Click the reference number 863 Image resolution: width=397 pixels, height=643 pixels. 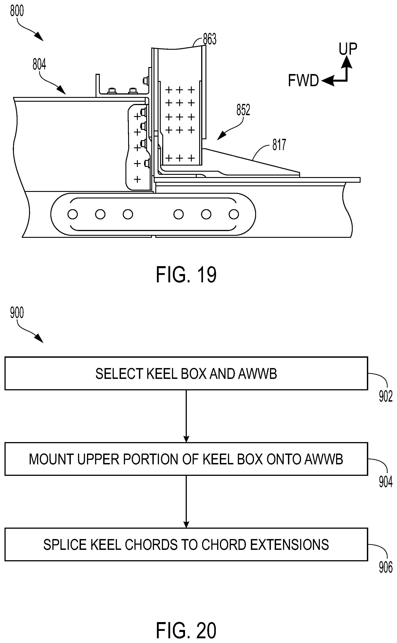pos(210,39)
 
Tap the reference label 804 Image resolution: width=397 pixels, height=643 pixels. pos(39,64)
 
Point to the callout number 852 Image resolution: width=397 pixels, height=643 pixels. pos(243,110)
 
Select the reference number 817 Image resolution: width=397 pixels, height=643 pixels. pos(279,145)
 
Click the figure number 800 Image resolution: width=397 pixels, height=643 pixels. pos(17,11)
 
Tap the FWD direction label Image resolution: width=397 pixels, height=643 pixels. pos(303,80)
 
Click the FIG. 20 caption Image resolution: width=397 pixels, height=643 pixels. pos(186,630)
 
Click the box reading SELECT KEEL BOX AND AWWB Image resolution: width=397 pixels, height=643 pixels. pos(186,373)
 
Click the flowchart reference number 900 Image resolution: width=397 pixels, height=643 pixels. pos(17,313)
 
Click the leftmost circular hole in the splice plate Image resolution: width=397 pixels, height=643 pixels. pos(73,214)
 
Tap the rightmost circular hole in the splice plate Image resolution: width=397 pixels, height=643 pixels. pos(234,214)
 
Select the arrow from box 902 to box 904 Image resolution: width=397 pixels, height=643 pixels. pos(186,416)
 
